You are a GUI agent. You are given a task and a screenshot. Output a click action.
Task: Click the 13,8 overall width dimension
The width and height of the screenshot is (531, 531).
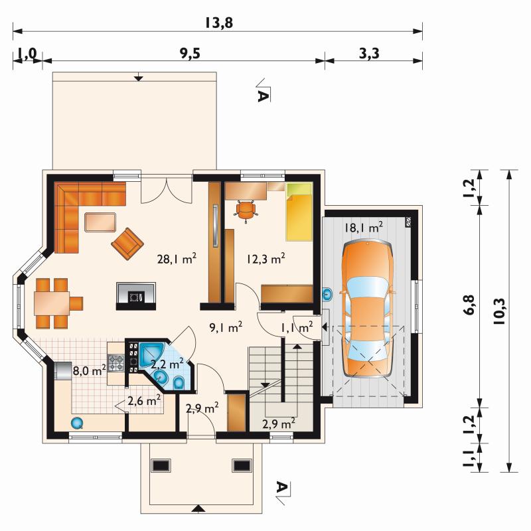pos(219,23)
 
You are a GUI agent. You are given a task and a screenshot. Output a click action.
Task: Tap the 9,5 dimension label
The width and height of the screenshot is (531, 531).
pos(190,54)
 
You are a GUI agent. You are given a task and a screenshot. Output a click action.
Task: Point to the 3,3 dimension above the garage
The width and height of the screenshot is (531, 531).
pos(369,54)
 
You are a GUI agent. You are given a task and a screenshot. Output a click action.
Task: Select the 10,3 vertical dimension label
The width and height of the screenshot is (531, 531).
pos(499,312)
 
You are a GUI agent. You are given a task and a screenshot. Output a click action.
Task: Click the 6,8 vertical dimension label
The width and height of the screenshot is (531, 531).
pos(469,305)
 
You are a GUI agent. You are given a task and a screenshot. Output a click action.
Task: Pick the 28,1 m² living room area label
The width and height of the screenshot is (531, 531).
pos(177,259)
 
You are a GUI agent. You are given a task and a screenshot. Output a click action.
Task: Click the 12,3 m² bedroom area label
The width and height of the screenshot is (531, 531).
pos(265,259)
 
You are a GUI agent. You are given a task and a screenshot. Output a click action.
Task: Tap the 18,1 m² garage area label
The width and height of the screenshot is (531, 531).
pos(364,227)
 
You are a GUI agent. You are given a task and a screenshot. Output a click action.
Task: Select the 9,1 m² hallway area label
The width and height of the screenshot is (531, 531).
pos(226,327)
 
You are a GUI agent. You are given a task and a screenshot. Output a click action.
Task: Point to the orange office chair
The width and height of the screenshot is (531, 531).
pos(246,210)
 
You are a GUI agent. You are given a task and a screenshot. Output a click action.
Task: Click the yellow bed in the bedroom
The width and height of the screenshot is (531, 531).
pos(299,212)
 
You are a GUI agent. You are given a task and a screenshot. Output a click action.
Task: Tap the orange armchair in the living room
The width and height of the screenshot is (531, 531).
pos(127,244)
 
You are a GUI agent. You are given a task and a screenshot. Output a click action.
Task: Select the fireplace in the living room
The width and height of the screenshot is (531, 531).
pos(136,296)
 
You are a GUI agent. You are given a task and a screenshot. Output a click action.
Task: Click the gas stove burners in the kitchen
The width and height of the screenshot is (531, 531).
pos(115,362)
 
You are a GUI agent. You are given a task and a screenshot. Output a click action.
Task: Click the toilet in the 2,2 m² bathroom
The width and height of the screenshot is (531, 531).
pos(179,384)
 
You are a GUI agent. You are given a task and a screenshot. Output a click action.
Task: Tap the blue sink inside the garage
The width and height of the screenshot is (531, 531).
pos(327,295)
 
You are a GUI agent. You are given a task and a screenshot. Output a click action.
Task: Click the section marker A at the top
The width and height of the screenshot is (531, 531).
pos(263,96)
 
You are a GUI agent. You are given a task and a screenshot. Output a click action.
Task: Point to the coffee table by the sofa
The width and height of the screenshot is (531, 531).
pos(100,222)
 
